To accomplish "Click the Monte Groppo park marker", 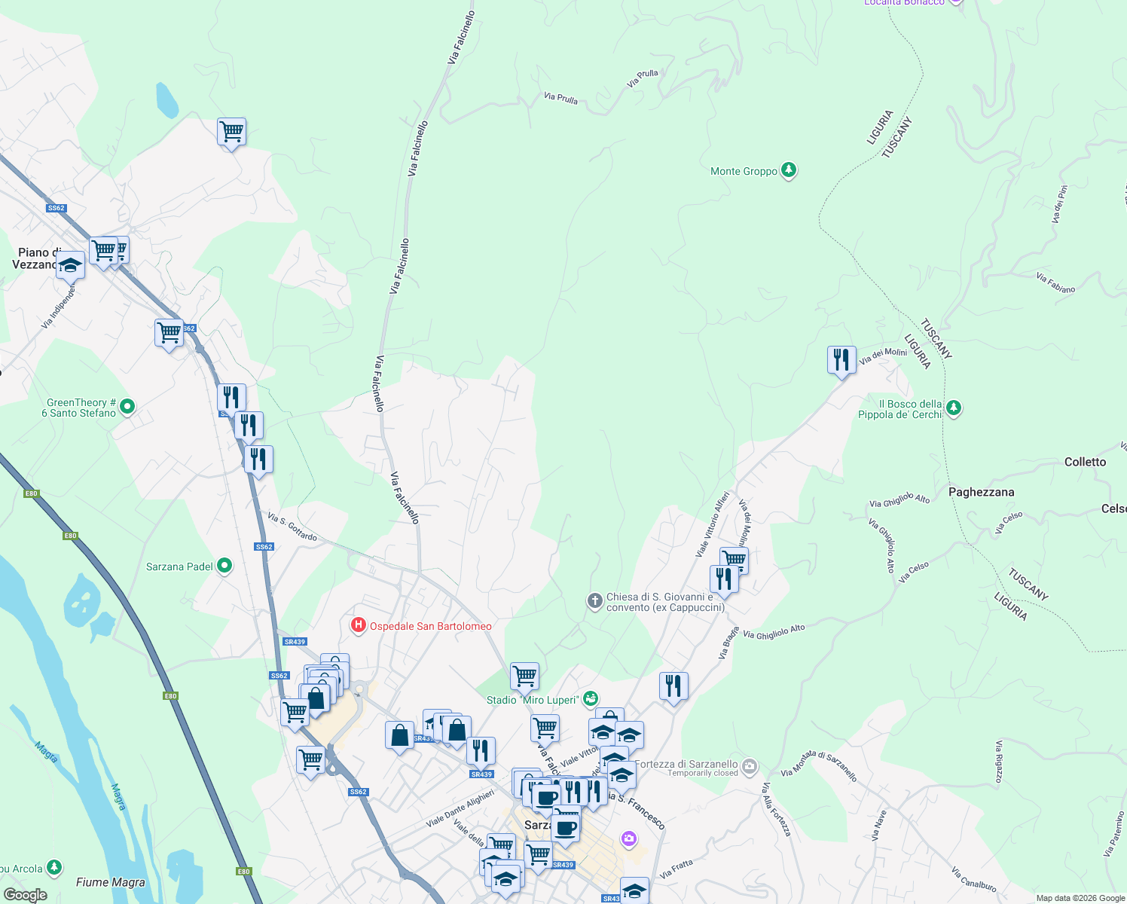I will [x=789, y=170].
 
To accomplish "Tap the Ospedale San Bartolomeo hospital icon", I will [x=359, y=625].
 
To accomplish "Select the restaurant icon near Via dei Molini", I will [x=841, y=360].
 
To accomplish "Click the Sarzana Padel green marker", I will [x=224, y=566].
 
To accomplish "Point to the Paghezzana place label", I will [x=981, y=492].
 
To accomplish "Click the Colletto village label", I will [x=1085, y=462].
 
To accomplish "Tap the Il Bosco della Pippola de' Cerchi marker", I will [x=954, y=408].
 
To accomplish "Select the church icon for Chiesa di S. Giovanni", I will [x=594, y=601].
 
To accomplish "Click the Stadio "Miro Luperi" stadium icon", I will [x=591, y=699].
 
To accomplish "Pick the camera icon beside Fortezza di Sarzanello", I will [x=749, y=768].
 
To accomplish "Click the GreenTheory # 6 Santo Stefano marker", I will [x=127, y=407].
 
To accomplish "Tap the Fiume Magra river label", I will [x=110, y=882].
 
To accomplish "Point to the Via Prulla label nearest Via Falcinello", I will [x=560, y=97].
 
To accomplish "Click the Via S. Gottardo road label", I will [x=292, y=526].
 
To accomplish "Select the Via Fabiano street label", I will [x=1055, y=283].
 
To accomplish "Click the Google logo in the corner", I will [x=25, y=894].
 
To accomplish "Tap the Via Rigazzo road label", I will [x=1000, y=761].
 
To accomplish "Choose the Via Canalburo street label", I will [x=973, y=879].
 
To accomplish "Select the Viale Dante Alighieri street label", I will [x=460, y=808].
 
